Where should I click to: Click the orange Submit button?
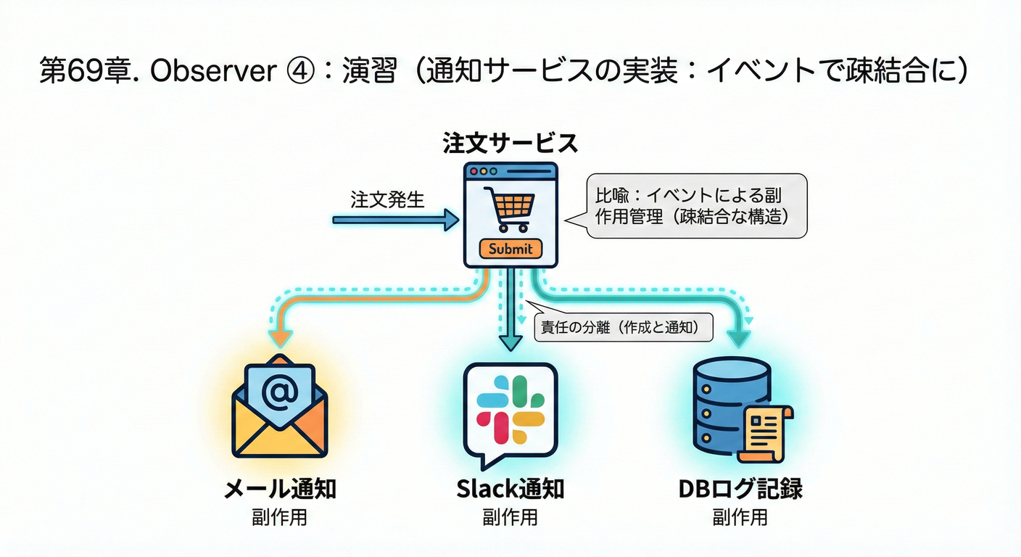coord(510,249)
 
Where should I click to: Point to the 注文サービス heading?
coord(510,143)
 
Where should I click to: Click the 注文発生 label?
coord(387,199)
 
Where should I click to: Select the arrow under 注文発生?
coord(395,220)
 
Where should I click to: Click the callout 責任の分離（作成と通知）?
coord(622,327)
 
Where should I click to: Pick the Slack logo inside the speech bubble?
coord(510,410)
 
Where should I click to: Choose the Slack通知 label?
coord(510,488)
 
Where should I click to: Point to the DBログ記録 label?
coord(740,488)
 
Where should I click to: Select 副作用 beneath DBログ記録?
coord(740,517)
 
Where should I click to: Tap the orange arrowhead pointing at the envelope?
coord(280,338)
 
